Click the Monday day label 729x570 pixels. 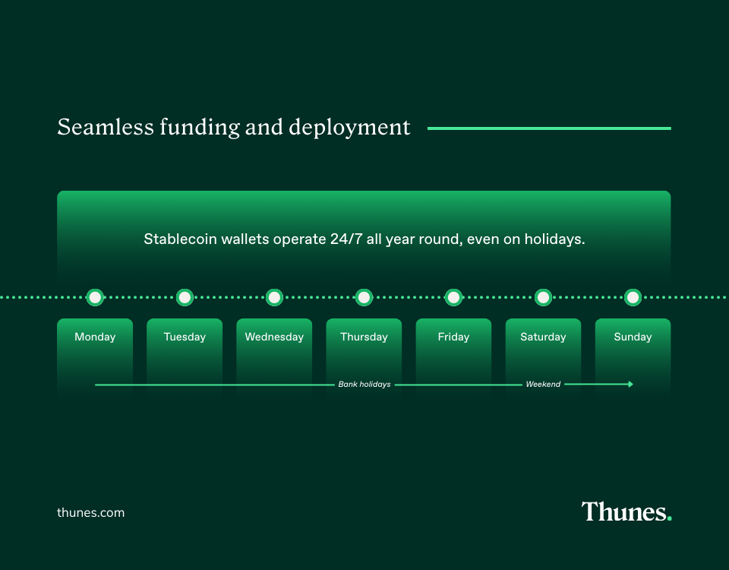pos(95,337)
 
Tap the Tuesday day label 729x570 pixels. pos(185,337)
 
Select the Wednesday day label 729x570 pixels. pos(274,337)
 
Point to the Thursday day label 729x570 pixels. pos(364,337)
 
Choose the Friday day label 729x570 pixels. pos(453,337)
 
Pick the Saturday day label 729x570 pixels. pos(543,337)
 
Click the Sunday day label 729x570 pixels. pos(633,337)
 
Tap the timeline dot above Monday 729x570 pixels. pos(95,297)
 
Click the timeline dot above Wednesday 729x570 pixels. pos(274,297)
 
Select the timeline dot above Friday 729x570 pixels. pos(453,297)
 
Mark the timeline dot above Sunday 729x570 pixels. pos(633,297)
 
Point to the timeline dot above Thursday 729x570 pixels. pos(364,297)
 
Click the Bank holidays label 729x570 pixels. pos(364,385)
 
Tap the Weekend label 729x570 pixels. pos(543,385)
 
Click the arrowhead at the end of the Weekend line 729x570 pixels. pos(630,384)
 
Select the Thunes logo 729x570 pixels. pos(626,511)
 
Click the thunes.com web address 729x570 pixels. pos(90,512)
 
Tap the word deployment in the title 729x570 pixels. pos(349,128)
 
